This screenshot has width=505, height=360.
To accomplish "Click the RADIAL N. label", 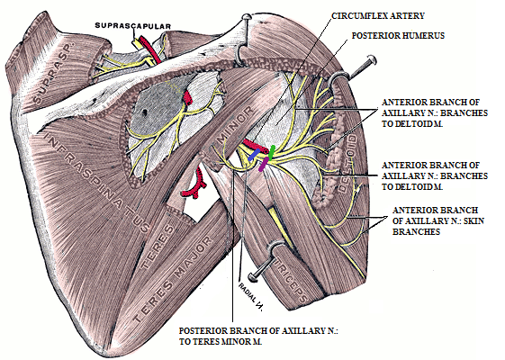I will coord(252,289).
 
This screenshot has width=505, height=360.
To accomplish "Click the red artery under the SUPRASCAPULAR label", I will coord(157,53).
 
